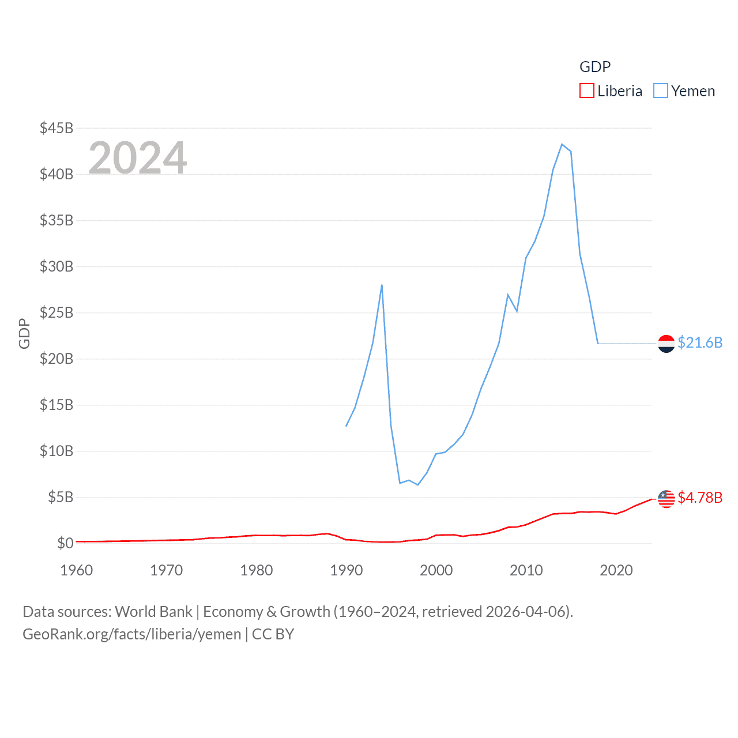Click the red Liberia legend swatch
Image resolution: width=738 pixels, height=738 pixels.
click(x=586, y=91)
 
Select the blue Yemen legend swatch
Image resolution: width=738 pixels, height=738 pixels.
click(x=660, y=91)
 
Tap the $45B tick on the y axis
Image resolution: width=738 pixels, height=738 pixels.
click(x=57, y=128)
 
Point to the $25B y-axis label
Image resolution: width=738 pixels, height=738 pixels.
click(x=57, y=312)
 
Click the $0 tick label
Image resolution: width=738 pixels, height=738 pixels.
click(x=65, y=543)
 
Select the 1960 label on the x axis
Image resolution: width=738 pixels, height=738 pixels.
click(x=77, y=570)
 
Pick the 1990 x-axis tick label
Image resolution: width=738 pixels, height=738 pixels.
click(x=347, y=570)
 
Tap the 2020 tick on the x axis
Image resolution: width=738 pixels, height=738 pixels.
click(x=616, y=570)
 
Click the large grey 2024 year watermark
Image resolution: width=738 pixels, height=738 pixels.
click(x=138, y=157)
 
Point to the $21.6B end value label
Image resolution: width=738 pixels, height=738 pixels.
click(x=700, y=342)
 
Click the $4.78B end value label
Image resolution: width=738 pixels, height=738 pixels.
click(x=700, y=498)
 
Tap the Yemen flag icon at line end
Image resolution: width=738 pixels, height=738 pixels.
click(x=667, y=344)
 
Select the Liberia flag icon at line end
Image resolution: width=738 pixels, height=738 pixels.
click(x=667, y=499)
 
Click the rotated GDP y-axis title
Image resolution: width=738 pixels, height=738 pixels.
click(x=24, y=333)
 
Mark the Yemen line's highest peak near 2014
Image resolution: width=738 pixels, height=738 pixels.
click(x=562, y=144)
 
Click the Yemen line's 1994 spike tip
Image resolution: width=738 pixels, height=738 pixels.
click(x=382, y=285)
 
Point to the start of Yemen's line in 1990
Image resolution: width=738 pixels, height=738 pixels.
click(x=346, y=426)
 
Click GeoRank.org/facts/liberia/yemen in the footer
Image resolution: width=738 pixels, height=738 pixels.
click(x=132, y=634)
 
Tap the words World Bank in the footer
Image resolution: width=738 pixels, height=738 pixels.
click(x=154, y=612)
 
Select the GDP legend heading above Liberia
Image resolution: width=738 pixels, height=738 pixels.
click(x=594, y=67)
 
